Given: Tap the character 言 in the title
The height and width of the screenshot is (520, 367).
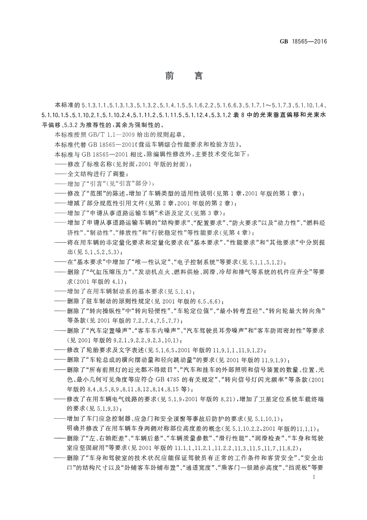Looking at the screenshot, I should coord(199,76).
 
